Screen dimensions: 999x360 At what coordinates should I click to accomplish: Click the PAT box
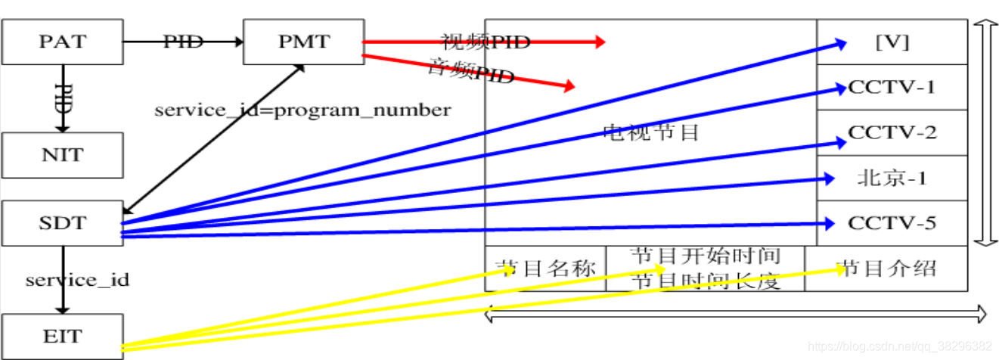tap(62, 42)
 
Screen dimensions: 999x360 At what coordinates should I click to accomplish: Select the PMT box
tap(302, 42)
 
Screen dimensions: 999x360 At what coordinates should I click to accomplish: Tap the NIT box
tap(62, 155)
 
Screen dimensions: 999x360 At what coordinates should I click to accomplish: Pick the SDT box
tap(62, 223)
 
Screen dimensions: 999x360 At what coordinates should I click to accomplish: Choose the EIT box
tap(62, 336)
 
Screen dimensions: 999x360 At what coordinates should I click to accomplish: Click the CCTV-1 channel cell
tap(892, 87)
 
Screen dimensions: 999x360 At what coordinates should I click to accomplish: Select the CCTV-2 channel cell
tap(892, 132)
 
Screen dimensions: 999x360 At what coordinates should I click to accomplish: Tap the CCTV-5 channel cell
tap(892, 223)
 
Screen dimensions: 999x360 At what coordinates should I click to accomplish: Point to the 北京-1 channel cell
tap(892, 178)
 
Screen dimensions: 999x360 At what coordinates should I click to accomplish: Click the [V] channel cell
tap(892, 42)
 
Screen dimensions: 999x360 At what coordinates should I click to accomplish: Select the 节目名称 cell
tap(545, 268)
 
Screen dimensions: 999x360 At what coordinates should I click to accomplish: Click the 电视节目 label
tap(650, 133)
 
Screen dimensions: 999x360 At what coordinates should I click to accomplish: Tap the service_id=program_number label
tap(302, 110)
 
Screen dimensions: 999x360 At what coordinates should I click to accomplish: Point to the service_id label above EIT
tap(77, 280)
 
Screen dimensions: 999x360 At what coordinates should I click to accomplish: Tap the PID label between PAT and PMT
tap(184, 42)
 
